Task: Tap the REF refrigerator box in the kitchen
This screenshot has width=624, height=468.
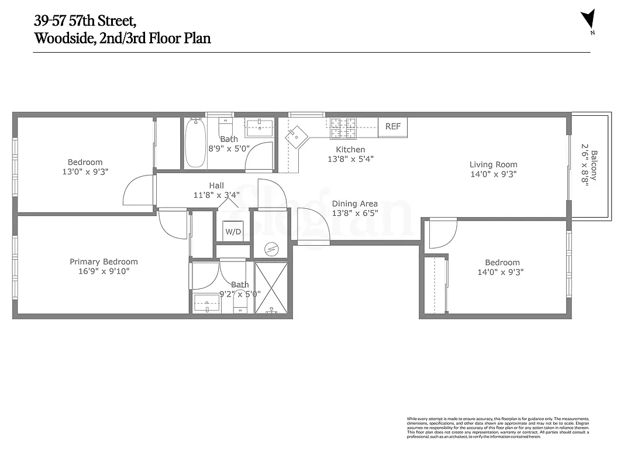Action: pos(392,127)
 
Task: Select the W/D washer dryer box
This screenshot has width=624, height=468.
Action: pos(233,232)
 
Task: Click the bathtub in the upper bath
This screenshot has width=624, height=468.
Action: pos(194,143)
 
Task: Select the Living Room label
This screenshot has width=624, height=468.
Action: pos(493,164)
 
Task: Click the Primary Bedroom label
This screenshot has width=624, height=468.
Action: pos(104,261)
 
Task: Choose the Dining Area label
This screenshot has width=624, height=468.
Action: pos(354,204)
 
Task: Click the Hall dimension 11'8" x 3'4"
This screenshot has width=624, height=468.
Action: pos(216,195)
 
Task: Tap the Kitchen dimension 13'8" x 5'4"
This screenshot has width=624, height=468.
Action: pos(350,159)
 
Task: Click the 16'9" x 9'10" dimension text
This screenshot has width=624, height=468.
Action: pos(104,271)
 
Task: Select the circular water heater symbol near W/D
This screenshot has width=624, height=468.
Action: pos(270,248)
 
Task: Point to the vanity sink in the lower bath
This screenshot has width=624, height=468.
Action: pos(206,303)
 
